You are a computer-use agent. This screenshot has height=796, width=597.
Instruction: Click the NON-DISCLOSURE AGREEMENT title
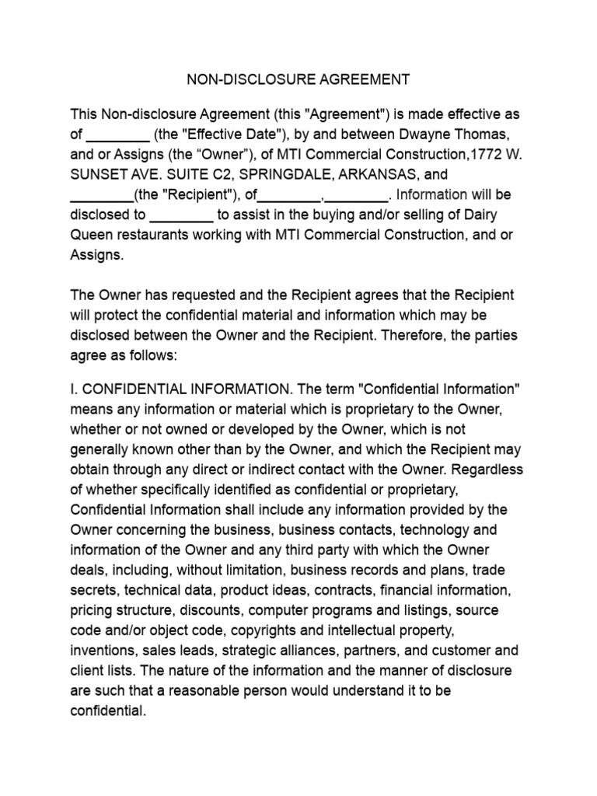[x=298, y=80]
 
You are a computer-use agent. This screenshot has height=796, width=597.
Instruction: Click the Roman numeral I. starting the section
[x=74, y=388]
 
